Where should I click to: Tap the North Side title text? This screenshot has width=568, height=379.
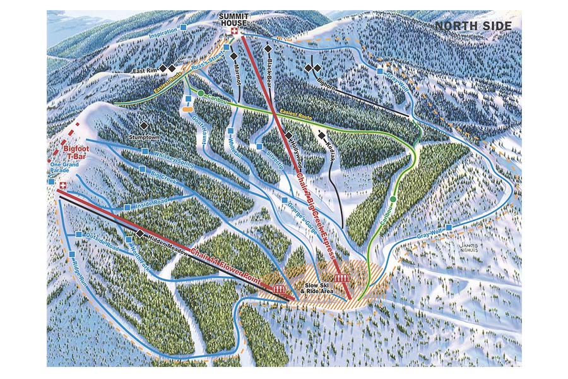pos(472,26)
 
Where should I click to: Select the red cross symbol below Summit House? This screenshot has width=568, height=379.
pos(235,32)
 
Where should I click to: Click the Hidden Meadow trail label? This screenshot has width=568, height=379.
pos(167,243)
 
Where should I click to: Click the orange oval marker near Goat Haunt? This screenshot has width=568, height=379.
pos(186,109)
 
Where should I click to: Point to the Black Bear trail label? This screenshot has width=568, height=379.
pos(272,66)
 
